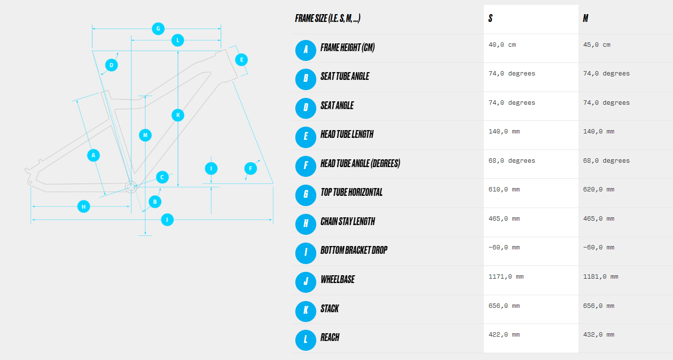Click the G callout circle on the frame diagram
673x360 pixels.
[x=158, y=29]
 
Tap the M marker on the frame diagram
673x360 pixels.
[x=145, y=135]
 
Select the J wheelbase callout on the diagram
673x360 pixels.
[x=167, y=220]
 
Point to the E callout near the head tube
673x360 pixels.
[x=241, y=60]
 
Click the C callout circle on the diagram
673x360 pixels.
[x=162, y=177]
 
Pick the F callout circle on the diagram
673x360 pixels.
[x=250, y=169]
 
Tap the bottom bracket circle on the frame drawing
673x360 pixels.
[x=131, y=187]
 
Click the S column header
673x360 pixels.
[x=490, y=19]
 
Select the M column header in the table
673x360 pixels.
[x=586, y=19]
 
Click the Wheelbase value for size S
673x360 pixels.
[x=506, y=277]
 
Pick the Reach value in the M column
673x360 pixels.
[x=598, y=335]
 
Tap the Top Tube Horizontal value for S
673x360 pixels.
[x=504, y=189]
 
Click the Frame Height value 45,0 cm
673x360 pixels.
[x=596, y=45]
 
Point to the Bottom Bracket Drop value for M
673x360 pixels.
[x=598, y=247]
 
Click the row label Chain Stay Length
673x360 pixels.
[x=347, y=222]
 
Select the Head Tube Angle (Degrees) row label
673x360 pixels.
[x=360, y=164]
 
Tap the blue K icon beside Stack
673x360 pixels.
[x=306, y=311]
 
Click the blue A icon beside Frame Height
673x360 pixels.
[x=306, y=51]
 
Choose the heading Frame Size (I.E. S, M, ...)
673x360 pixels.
[x=327, y=19]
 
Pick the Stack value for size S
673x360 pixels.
[x=504, y=305]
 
